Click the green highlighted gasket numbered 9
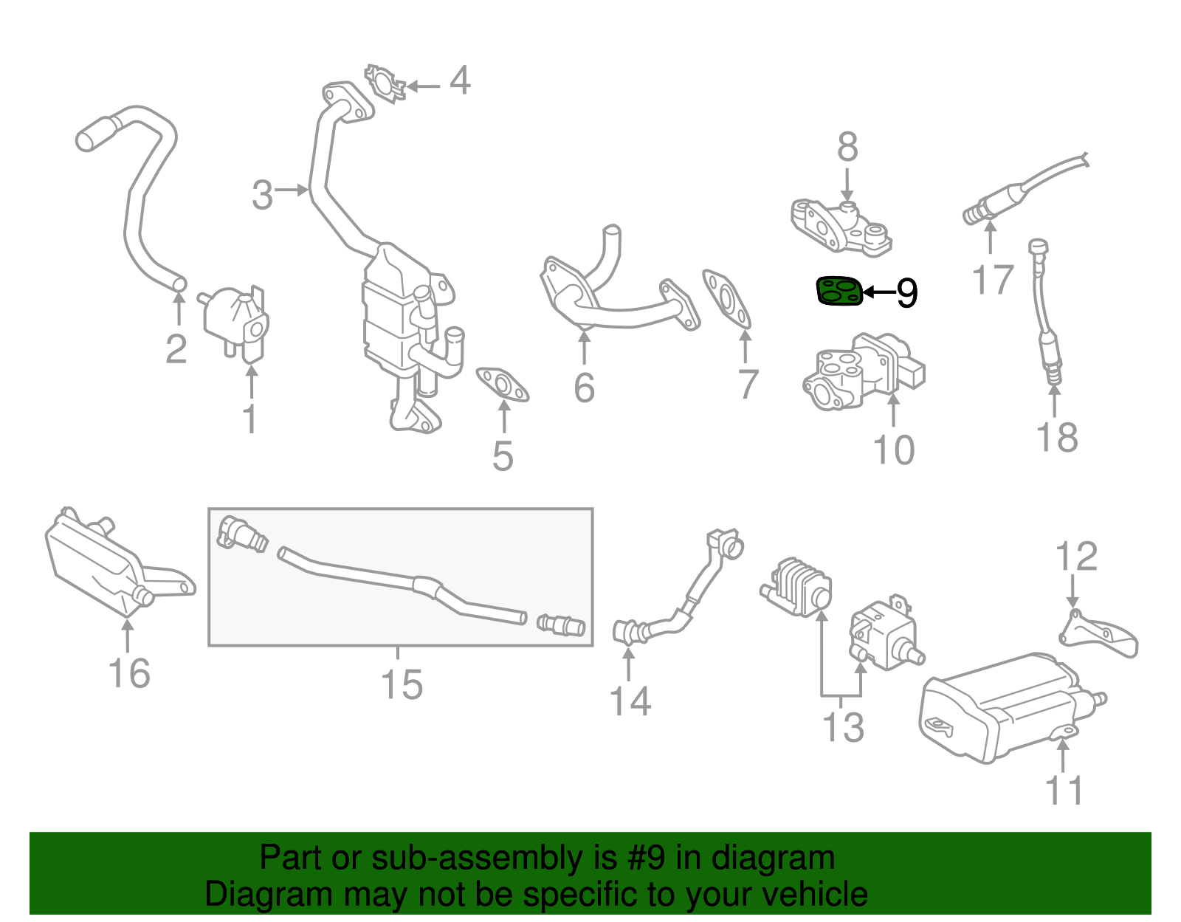(x=839, y=291)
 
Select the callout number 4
(x=459, y=80)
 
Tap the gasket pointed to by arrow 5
(x=502, y=385)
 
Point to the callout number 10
(x=893, y=450)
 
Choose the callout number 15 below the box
(x=402, y=684)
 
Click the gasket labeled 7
(x=726, y=298)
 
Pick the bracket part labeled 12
(x=1100, y=635)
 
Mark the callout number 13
(x=843, y=727)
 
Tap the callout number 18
(x=1057, y=437)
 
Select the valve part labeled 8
(x=841, y=224)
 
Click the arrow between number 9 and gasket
(x=878, y=292)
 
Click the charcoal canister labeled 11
(x=1004, y=709)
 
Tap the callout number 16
(x=129, y=673)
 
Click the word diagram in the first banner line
(x=773, y=859)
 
